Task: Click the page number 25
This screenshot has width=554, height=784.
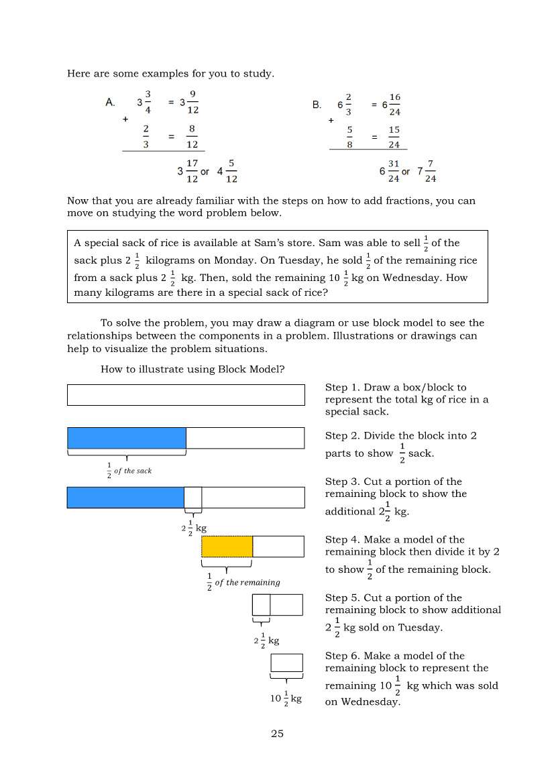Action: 277,734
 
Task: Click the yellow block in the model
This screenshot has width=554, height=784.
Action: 227,547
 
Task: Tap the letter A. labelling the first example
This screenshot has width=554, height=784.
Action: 111,103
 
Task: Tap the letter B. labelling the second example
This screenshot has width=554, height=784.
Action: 317,105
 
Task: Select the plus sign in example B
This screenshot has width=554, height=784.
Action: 331,121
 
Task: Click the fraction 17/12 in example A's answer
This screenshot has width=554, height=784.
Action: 192,171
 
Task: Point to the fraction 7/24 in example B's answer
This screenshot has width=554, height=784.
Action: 431,171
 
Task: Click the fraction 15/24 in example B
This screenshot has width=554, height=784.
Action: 394,137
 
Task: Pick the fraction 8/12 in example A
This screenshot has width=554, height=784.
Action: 192,136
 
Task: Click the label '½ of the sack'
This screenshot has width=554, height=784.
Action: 129,471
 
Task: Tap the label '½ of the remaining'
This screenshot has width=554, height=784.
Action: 243,582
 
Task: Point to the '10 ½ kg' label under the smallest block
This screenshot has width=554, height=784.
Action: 286,699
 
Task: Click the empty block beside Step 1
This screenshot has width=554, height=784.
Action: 186,395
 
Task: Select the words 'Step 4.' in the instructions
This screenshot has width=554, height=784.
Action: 342,540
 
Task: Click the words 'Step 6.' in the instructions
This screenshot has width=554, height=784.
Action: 342,656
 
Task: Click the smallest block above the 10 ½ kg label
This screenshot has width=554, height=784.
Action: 286,663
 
